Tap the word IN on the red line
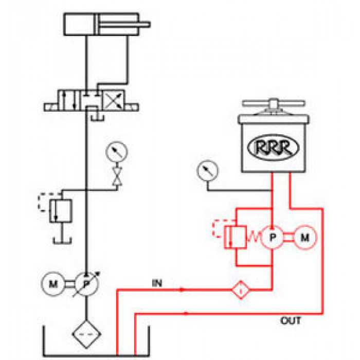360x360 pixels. click(157, 283)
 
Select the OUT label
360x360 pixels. click(291, 320)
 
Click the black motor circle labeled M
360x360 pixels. click(53, 284)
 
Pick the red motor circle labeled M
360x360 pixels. click(305, 238)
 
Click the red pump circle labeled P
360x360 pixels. click(272, 238)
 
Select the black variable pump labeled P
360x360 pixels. click(86, 284)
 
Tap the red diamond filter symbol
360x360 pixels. click(241, 290)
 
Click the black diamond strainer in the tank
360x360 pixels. click(86, 334)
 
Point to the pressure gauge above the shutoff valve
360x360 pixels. click(117, 152)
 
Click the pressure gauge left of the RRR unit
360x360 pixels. click(208, 171)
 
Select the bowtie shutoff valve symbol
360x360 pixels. click(117, 176)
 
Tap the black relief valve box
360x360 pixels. click(61, 211)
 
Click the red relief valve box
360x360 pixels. click(236, 238)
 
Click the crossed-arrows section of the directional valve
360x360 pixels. click(114, 101)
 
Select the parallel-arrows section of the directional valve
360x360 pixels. click(68, 101)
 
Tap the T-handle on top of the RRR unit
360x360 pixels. click(274, 103)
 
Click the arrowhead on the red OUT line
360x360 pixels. click(186, 313)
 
